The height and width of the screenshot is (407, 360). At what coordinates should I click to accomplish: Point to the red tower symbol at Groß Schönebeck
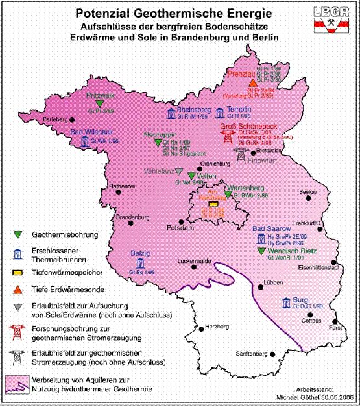pyautogui.click(x=227, y=137)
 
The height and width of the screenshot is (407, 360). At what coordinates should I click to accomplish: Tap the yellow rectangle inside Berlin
pyautogui.click(x=212, y=204)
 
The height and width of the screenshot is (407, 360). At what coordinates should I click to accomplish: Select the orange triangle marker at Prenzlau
pyautogui.click(x=261, y=83)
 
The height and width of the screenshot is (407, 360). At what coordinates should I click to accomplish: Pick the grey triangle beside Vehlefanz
pyautogui.click(x=180, y=172)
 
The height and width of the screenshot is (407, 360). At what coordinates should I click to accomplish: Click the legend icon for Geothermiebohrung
pyautogui.click(x=18, y=234)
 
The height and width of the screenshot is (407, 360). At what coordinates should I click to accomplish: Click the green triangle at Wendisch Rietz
pyautogui.click(x=261, y=249)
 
